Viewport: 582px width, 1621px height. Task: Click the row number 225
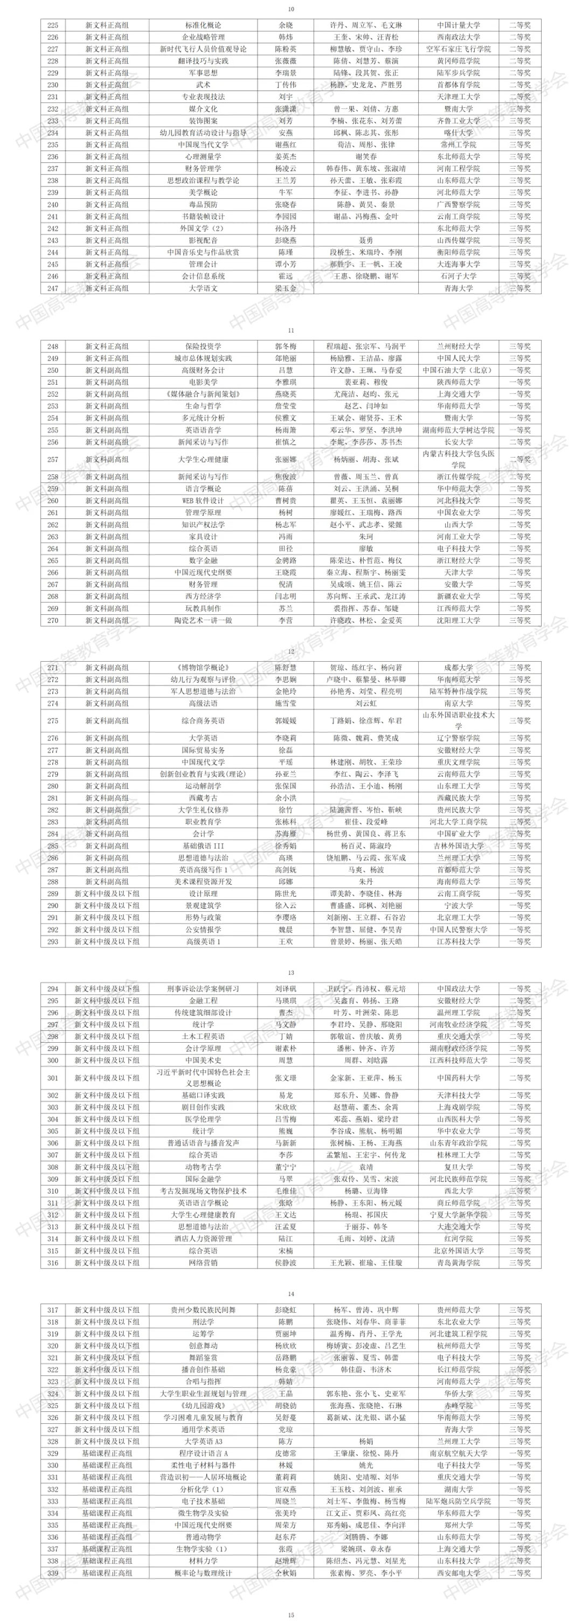click(53, 25)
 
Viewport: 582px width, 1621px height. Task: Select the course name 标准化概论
click(203, 25)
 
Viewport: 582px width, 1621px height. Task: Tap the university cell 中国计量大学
click(458, 25)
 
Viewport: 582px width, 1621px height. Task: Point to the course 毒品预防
click(203, 205)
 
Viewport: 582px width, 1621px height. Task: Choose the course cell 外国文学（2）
click(203, 228)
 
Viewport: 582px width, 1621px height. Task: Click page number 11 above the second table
click(290, 330)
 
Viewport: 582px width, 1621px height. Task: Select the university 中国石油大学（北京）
click(458, 370)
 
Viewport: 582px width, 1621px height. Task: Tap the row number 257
click(53, 459)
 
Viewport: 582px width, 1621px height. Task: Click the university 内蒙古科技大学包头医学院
click(458, 459)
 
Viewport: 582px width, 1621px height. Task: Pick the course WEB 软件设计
click(203, 500)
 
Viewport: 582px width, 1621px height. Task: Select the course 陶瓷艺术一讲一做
click(203, 620)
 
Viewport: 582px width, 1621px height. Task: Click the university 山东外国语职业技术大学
click(458, 721)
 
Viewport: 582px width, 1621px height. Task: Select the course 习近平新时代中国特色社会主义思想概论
click(203, 1078)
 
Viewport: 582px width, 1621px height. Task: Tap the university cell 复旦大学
click(458, 1167)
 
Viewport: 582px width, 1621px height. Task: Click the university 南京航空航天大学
click(458, 1453)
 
